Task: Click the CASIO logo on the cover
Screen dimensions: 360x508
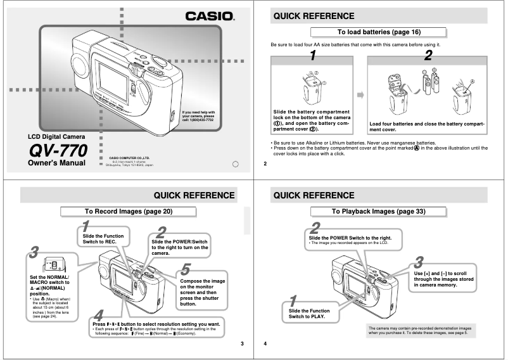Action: click(209, 16)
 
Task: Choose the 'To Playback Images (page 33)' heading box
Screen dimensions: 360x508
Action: click(379, 211)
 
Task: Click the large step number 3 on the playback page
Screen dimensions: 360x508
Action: click(419, 262)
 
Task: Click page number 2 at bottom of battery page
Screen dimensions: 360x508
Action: click(265, 164)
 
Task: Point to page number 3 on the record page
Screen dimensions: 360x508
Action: click(241, 344)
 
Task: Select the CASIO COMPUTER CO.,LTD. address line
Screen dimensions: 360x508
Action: click(130, 161)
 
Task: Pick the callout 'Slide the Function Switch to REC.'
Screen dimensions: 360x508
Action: click(103, 238)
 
